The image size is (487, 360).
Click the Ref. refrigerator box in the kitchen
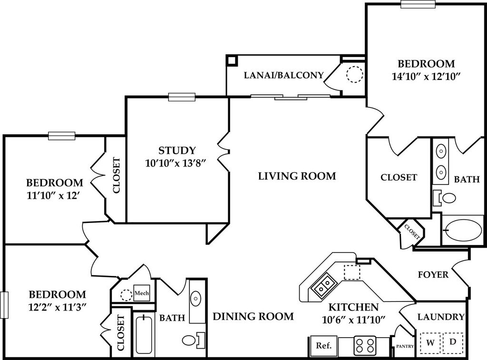click(x=323, y=345)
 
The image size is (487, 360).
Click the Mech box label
click(x=142, y=293)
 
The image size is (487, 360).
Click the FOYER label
click(x=433, y=275)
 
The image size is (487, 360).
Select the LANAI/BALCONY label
click(x=284, y=75)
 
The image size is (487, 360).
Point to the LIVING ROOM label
click(x=297, y=176)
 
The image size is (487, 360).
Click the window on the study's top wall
click(x=182, y=97)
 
